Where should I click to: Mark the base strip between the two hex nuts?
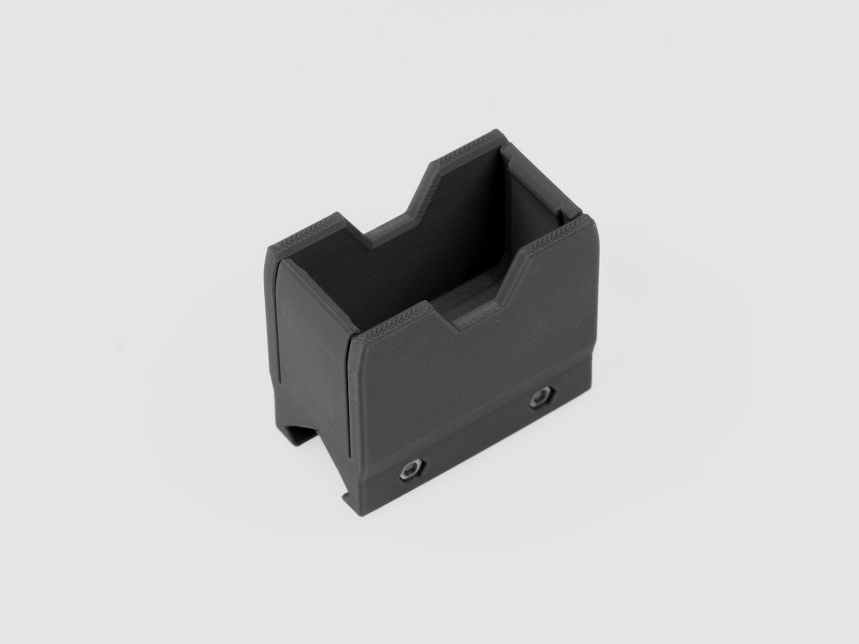click(x=477, y=441)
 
